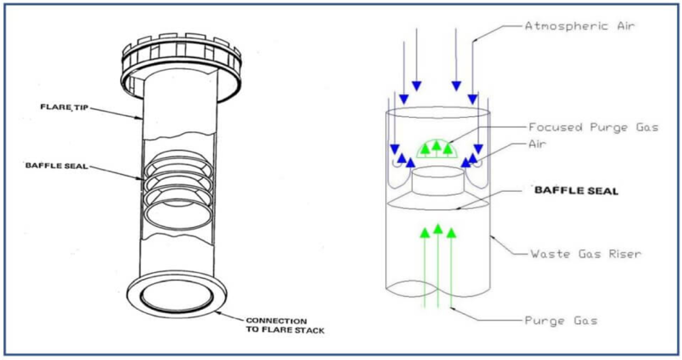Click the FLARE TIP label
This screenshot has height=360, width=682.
[x=65, y=107]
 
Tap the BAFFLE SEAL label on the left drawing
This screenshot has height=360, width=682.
[x=56, y=165]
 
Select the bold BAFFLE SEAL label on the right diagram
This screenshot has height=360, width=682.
[x=576, y=191]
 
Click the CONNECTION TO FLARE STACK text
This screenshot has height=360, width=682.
[x=285, y=325]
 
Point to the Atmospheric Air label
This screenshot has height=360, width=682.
[x=580, y=26]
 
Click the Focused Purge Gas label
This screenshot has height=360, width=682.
[x=593, y=128]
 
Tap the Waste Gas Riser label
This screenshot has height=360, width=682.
[x=586, y=253]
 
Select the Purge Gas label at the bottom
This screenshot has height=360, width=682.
[x=561, y=321]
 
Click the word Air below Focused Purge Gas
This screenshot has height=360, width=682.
[x=537, y=144]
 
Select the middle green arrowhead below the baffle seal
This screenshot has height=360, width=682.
[x=438, y=229]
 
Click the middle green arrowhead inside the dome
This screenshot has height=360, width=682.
[x=436, y=146]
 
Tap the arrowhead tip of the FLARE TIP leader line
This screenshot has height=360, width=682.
[x=142, y=118]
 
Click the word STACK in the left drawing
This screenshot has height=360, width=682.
[x=309, y=330]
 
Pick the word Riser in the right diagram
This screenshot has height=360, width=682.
[x=625, y=253]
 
